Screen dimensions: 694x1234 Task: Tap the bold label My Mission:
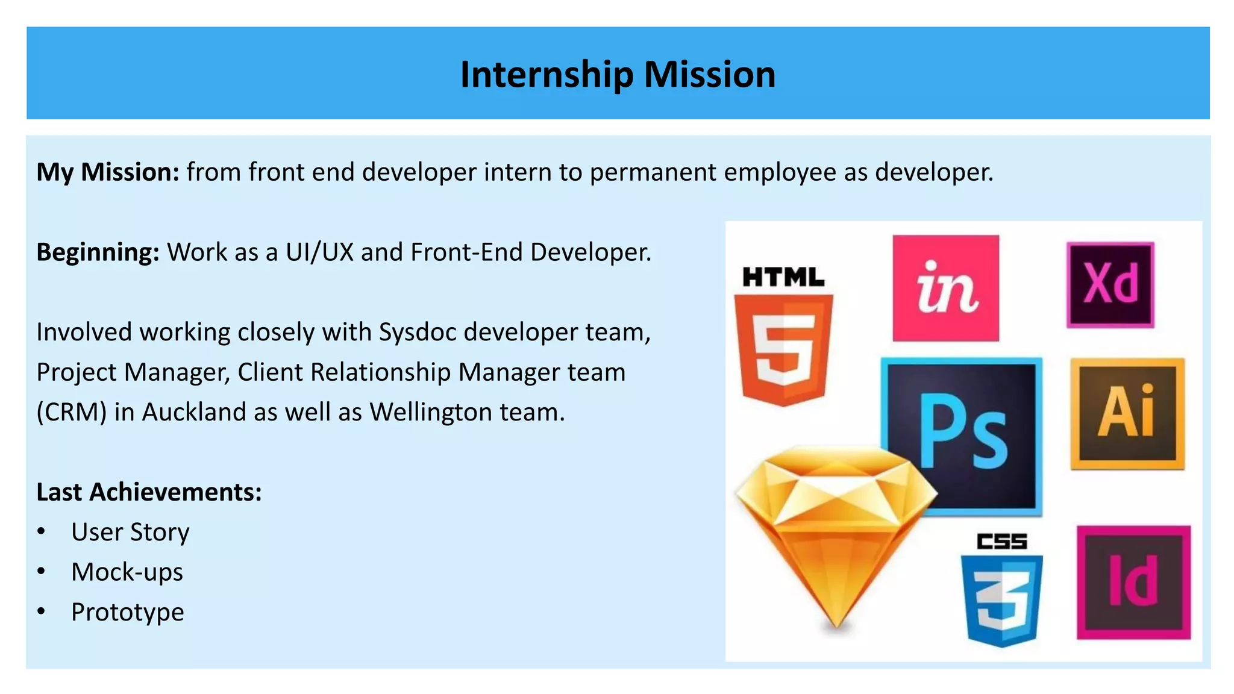(x=108, y=172)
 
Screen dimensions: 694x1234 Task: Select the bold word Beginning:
(x=98, y=252)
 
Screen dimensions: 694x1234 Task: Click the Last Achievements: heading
(x=149, y=492)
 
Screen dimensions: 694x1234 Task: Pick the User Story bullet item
(x=130, y=532)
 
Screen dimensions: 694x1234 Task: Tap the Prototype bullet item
(x=127, y=612)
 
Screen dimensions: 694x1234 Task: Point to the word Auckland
(x=193, y=413)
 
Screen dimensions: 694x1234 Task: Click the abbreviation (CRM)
(x=71, y=413)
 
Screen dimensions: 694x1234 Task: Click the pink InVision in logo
(x=945, y=288)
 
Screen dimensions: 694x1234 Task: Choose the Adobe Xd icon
(x=1110, y=284)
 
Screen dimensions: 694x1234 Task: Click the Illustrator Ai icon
(x=1127, y=413)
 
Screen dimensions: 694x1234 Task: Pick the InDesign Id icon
(x=1133, y=582)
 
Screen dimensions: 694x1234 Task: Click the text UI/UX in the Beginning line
(x=319, y=252)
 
